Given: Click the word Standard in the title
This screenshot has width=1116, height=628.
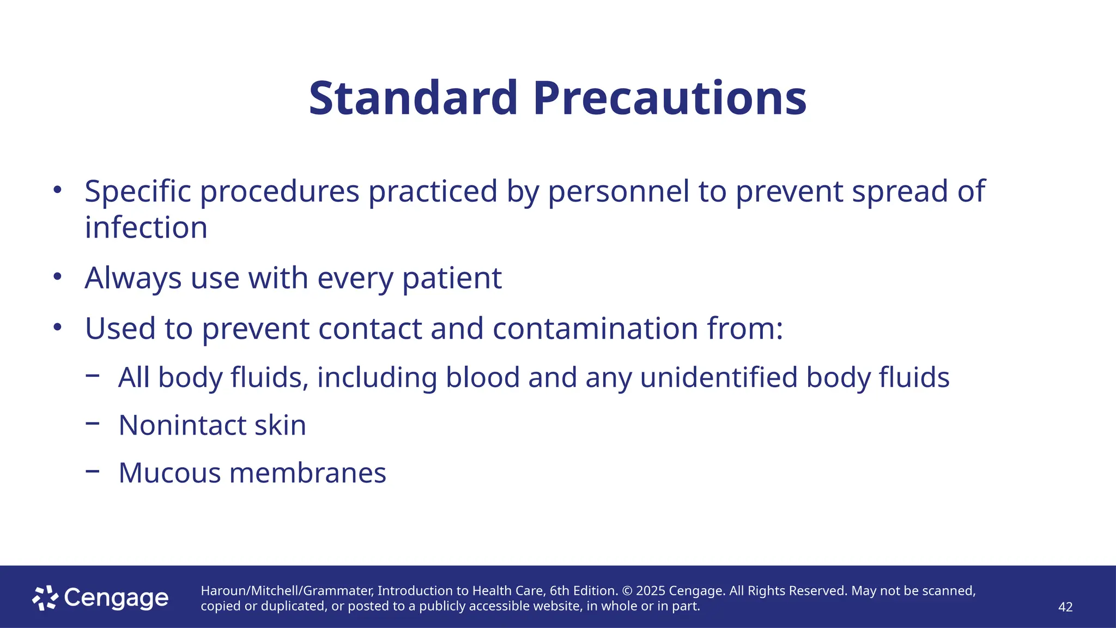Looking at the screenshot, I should tap(413, 99).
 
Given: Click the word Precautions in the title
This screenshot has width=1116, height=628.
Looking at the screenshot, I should tap(670, 99).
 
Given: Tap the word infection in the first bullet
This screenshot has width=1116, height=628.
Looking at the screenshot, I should tap(146, 227).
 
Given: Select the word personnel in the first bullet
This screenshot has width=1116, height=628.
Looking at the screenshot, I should tap(618, 191).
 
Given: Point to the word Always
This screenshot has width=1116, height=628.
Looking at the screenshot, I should tap(133, 279).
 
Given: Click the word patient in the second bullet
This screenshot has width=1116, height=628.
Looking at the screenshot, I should tap(452, 279).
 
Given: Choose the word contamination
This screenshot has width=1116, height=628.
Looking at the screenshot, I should tap(596, 329).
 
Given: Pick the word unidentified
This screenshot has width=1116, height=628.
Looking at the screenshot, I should tap(719, 377).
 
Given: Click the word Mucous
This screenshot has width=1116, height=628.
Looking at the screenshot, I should tap(169, 473).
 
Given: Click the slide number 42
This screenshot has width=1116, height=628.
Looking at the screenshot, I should tap(1065, 607).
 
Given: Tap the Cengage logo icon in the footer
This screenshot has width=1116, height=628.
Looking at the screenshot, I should tap(45, 598).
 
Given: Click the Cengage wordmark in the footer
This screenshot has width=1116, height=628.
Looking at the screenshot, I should tap(116, 599).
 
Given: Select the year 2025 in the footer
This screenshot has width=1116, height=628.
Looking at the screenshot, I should tap(651, 591).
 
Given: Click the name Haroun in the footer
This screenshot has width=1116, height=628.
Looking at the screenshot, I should tap(223, 591).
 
